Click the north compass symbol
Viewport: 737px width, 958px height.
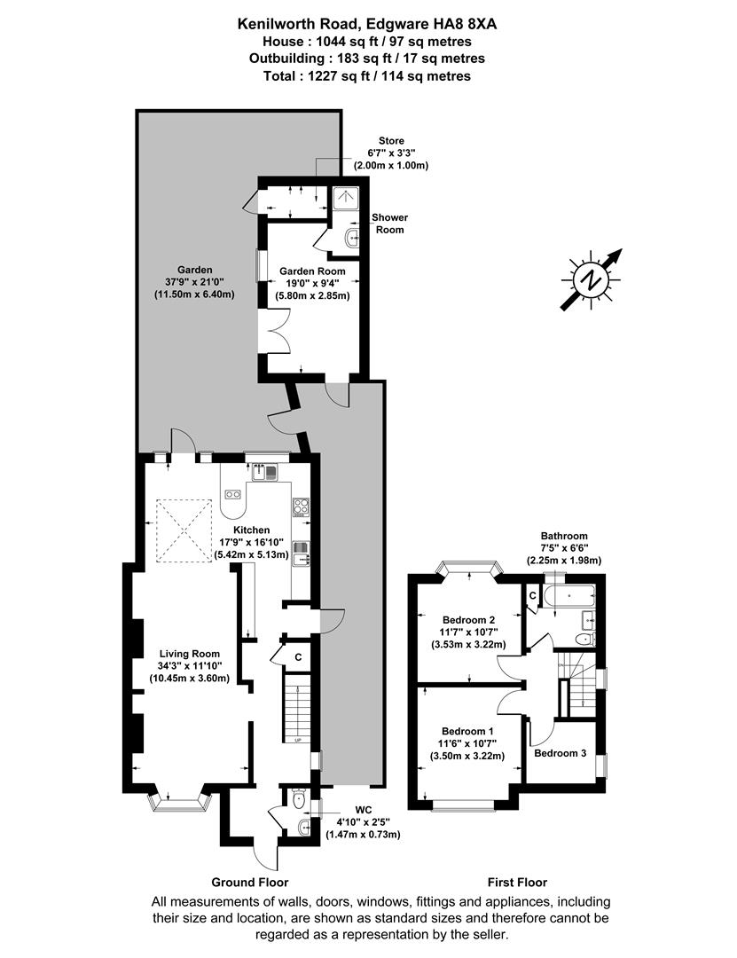[x=590, y=279]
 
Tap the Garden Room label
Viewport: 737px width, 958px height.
[x=307, y=271]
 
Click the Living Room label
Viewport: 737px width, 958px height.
[x=190, y=654]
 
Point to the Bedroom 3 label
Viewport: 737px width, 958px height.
[x=561, y=753]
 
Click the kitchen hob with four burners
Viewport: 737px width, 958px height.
[x=300, y=507]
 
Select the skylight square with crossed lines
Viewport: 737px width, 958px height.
[x=185, y=524]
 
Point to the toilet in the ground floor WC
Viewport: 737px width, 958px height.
[x=299, y=799]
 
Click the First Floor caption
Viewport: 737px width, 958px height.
[x=517, y=883]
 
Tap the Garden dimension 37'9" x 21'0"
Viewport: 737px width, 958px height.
[x=194, y=283]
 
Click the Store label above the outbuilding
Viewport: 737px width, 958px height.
[x=391, y=140]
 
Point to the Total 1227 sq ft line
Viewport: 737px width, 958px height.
[x=368, y=76]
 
